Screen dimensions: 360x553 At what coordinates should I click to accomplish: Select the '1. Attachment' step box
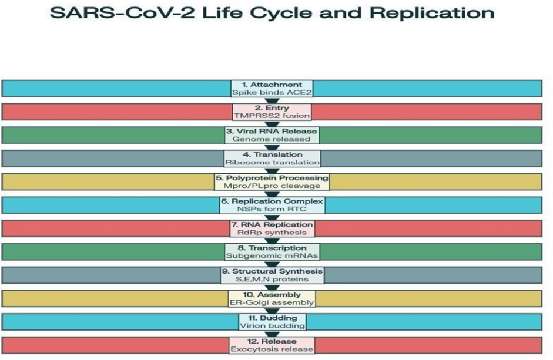point(272,88)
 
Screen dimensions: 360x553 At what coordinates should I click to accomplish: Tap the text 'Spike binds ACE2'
point(272,93)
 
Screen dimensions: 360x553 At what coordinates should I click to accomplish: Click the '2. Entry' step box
point(272,112)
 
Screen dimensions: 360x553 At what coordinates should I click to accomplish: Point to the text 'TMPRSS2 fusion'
point(272,116)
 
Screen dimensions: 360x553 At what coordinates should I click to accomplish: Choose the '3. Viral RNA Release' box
point(272,134)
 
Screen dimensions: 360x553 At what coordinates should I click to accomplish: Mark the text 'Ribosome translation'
point(272,162)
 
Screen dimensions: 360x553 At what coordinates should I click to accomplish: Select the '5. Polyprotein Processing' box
point(272,181)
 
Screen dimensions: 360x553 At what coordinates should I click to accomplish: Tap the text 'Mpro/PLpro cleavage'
point(272,186)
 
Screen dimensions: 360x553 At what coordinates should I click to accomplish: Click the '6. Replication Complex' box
point(272,205)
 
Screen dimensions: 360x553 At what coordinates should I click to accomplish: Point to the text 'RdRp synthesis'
point(272,233)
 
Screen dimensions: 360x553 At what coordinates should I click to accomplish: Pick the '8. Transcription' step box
point(272,252)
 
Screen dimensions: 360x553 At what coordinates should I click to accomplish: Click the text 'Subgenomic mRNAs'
point(272,256)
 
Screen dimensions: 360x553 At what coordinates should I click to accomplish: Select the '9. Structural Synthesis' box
point(272,275)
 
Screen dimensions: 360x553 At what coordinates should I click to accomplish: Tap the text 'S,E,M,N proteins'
point(272,280)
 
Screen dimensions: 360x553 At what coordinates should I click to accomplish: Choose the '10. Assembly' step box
point(272,298)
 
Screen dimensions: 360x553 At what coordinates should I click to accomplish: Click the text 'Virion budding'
point(272,326)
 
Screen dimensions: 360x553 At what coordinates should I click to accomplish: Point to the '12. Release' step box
point(272,345)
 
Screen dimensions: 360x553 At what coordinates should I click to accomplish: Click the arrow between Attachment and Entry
point(272,100)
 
